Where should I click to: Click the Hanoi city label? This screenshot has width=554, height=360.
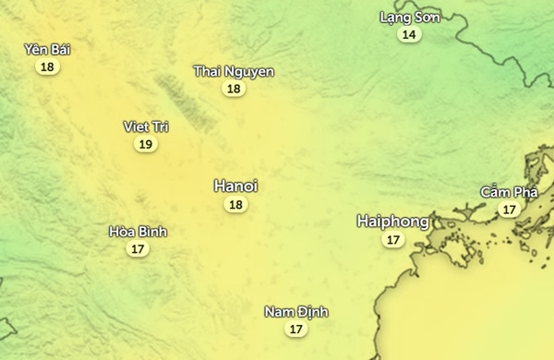point(235,186)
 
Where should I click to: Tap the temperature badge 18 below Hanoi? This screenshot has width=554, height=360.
point(235,205)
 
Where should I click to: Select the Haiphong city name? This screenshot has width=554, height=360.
point(393,222)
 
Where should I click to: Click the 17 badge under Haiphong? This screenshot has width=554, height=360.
point(393,240)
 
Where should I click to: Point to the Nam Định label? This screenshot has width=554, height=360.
point(295,312)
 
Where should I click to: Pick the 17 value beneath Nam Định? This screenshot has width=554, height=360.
point(295,329)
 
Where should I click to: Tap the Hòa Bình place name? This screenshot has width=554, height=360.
point(138,232)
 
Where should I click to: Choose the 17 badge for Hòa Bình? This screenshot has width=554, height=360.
point(138,249)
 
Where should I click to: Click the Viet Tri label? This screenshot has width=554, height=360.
point(146,126)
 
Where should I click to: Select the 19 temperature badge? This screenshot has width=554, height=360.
point(145,144)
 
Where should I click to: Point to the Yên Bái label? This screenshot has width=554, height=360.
point(47,50)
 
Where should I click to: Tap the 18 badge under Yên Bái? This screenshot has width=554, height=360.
point(47,66)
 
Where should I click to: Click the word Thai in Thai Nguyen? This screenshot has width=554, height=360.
point(207,72)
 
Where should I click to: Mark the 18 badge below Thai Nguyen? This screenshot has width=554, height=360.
point(234,89)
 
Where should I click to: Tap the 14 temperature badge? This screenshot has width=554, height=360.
point(409,35)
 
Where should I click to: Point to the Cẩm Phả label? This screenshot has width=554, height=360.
point(508,192)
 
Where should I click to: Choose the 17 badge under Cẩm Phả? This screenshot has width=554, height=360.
point(508,210)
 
